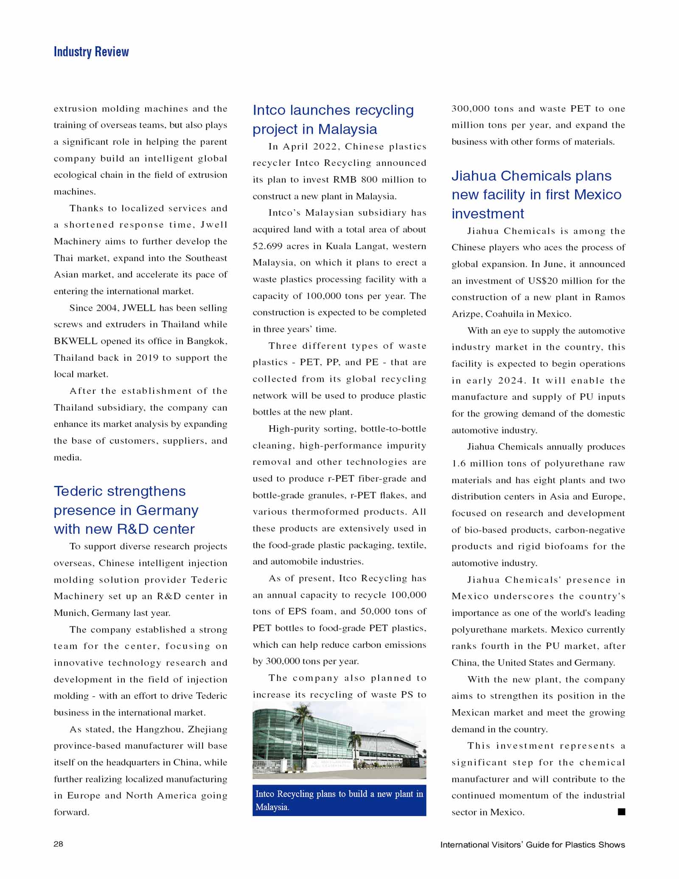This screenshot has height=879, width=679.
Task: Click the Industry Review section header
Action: pyautogui.click(x=91, y=52)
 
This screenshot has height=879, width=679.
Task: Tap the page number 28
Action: pyautogui.click(x=59, y=844)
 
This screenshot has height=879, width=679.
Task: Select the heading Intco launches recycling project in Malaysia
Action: pyautogui.click(x=333, y=119)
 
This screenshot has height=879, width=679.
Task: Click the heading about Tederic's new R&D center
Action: pyautogui.click(x=126, y=510)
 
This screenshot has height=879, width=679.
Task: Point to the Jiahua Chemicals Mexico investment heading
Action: pyautogui.click(x=536, y=194)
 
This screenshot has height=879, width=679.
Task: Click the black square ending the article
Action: pyautogui.click(x=621, y=812)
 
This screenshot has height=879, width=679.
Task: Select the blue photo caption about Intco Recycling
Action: pyautogui.click(x=339, y=800)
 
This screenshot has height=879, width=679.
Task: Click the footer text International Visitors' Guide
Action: pyautogui.click(x=532, y=845)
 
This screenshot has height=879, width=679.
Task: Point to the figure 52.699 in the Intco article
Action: pyautogui.click(x=268, y=246)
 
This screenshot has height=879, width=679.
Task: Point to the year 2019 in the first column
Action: pyautogui.click(x=147, y=358)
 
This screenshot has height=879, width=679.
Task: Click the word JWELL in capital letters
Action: pyautogui.click(x=139, y=308)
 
